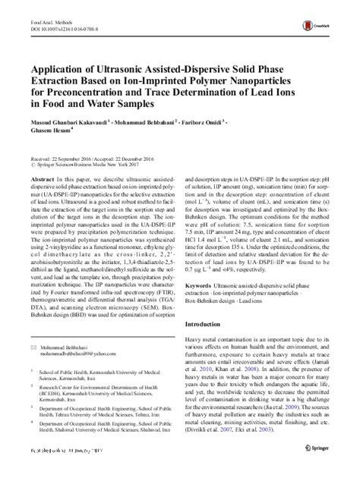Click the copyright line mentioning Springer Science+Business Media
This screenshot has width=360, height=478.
coord(79,162)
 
